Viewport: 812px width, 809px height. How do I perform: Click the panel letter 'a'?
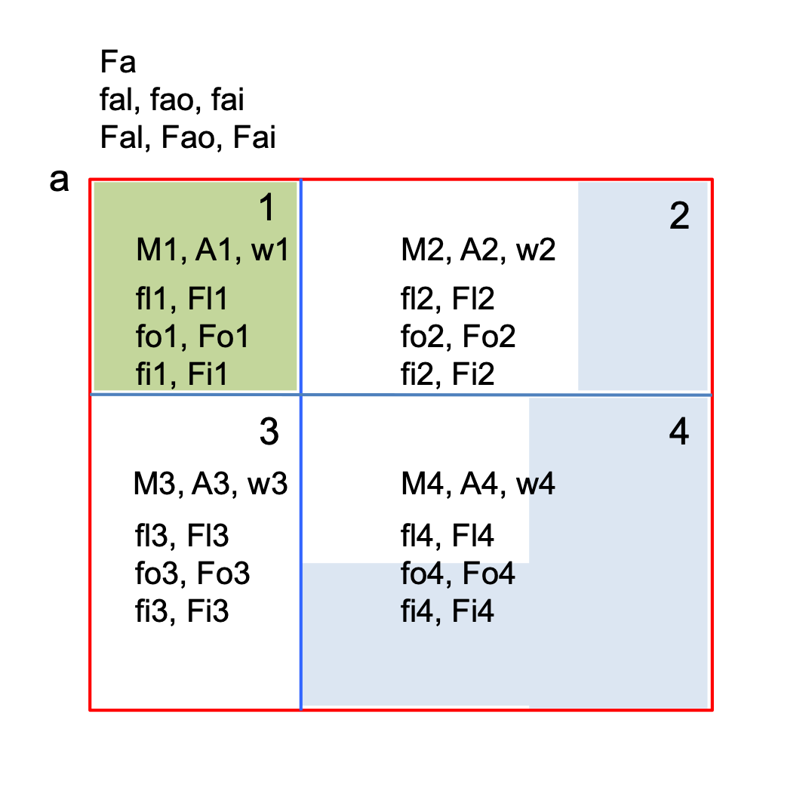[x=59, y=181]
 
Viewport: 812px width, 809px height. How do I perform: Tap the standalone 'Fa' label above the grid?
[x=118, y=62]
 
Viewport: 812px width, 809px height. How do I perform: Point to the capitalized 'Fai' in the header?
[x=254, y=137]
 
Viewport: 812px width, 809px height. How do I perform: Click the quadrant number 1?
[x=266, y=208]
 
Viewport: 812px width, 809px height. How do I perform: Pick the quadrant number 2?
[x=679, y=216]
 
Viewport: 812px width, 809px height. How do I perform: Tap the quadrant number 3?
[x=269, y=432]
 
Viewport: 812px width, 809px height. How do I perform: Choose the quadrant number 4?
[x=679, y=432]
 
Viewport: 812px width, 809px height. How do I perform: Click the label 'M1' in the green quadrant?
[x=158, y=250]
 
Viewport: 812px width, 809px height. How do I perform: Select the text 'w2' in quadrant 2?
[x=536, y=250]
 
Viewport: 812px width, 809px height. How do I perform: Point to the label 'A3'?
[x=211, y=484]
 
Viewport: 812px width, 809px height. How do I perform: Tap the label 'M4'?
[x=423, y=484]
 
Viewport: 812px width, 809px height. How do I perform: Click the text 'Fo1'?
[x=223, y=336]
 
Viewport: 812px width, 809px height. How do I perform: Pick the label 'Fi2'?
[x=473, y=374]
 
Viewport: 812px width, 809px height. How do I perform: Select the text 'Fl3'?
[x=208, y=536]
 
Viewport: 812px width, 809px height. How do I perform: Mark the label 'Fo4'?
[x=488, y=573]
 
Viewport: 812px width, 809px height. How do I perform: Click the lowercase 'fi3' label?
[x=152, y=611]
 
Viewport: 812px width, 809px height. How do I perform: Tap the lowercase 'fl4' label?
[x=417, y=536]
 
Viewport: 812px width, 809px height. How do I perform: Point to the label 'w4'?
[x=536, y=484]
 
